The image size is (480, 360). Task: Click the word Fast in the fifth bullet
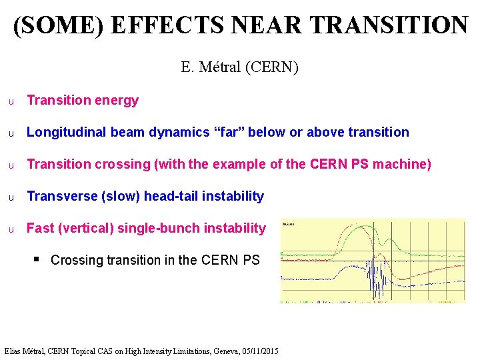[x=40, y=228]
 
